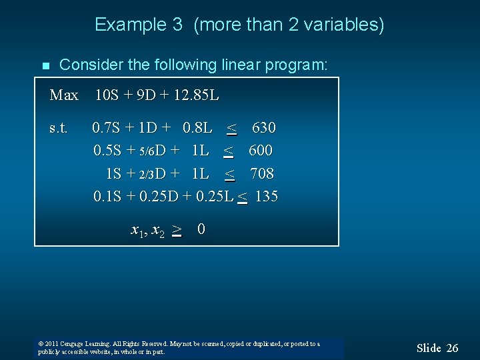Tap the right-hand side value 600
click(261, 151)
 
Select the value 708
click(262, 174)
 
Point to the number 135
click(267, 197)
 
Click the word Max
click(64, 95)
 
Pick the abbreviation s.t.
click(59, 127)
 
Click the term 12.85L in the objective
click(195, 95)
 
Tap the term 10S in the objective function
click(107, 95)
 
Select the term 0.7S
click(107, 127)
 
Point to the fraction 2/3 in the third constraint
click(146, 175)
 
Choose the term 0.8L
click(197, 127)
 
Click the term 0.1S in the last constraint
click(107, 197)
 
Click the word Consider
click(87, 65)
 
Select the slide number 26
click(452, 347)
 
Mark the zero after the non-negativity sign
click(201, 229)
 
